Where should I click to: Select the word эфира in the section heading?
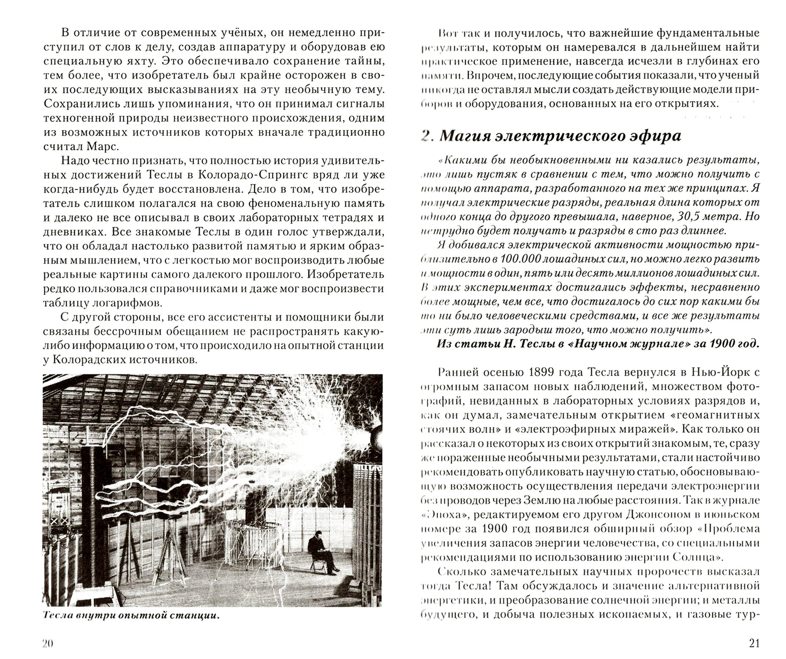coord(656,136)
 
